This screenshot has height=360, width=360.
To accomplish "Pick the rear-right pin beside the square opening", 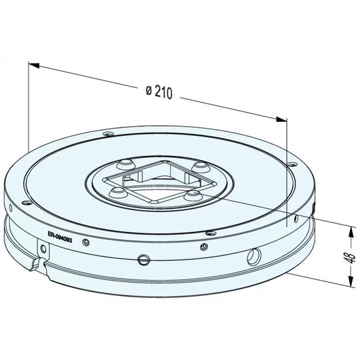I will (198, 166).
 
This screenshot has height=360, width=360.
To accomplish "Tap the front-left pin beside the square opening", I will (118, 193).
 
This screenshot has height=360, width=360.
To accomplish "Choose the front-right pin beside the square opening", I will (194, 195).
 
